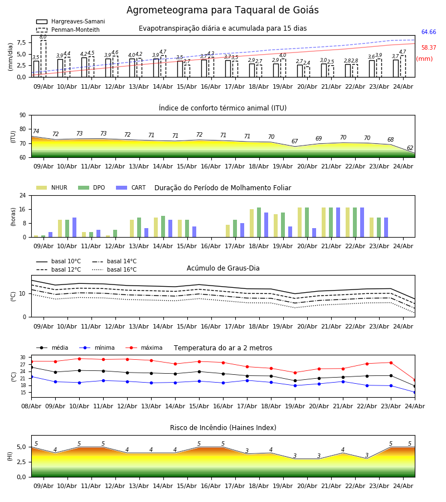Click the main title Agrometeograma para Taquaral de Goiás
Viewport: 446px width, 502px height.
coord(222,10)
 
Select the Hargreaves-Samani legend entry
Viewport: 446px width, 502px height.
coord(71,21)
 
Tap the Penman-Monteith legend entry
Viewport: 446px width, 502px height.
coord(68,30)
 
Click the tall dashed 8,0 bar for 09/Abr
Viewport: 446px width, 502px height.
coord(43,59)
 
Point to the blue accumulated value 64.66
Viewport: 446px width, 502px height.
coord(429,32)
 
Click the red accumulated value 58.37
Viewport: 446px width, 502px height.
coord(429,48)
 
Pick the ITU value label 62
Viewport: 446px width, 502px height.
coord(410,148)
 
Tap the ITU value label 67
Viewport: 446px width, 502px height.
coord(295,141)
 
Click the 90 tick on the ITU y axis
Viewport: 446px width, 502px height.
coord(23,115)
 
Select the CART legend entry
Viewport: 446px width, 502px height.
coord(130,187)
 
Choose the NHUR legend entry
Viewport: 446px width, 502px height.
coord(52,187)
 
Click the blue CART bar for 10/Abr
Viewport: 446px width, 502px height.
coord(75,228)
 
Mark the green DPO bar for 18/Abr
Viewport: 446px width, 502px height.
coord(259,223)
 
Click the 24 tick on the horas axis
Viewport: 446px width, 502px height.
coord(23,195)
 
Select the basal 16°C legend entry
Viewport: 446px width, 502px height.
coord(114,269)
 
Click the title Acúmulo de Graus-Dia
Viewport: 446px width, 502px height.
coord(223,268)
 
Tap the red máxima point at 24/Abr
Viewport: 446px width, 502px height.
coord(415,380)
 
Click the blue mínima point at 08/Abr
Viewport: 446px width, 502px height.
coord(31,377)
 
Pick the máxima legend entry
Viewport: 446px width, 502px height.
coord(144,347)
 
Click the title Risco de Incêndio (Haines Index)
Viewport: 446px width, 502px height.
coord(223,428)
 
